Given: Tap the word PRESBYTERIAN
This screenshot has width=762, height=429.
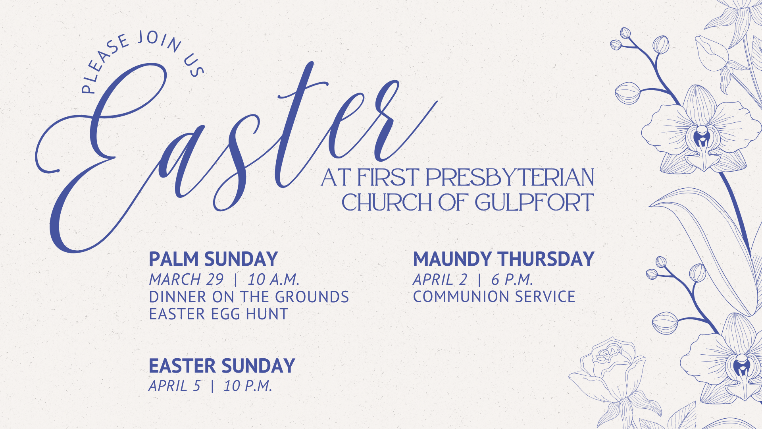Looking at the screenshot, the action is point(510,178).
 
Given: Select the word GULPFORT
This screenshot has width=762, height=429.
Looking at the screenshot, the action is point(534,203).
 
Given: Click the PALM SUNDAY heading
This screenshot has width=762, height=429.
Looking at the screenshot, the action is point(213,259).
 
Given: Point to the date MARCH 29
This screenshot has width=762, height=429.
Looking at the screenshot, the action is point(186,280).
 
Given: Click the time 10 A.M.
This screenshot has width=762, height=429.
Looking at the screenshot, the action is point(273,280).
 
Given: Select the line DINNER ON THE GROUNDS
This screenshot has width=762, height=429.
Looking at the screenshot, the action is point(249,297).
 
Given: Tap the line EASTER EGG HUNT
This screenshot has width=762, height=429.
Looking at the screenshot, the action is point(218,314).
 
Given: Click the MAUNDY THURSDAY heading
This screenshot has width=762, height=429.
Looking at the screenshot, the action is point(504,259).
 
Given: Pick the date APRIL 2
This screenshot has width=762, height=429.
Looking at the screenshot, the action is point(440,280).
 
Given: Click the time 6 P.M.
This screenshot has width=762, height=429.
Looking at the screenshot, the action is point(512,280).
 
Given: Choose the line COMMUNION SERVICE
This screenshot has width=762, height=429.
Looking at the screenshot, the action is point(494,297).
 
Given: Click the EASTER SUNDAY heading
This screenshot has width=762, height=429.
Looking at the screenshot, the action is point(222,366).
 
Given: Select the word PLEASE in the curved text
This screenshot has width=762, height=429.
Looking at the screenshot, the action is point(104,64).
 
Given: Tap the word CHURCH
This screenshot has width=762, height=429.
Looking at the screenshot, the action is point(387,203).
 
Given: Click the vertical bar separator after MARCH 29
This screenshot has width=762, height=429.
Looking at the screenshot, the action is point(236,280).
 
